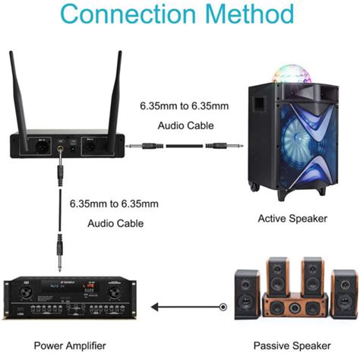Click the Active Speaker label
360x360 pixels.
tap(292, 219)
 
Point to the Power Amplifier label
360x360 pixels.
tap(64, 346)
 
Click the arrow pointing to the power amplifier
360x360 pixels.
tap(156, 307)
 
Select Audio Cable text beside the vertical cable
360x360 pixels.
tap(113, 223)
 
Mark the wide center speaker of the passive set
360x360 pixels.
tap(292, 308)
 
